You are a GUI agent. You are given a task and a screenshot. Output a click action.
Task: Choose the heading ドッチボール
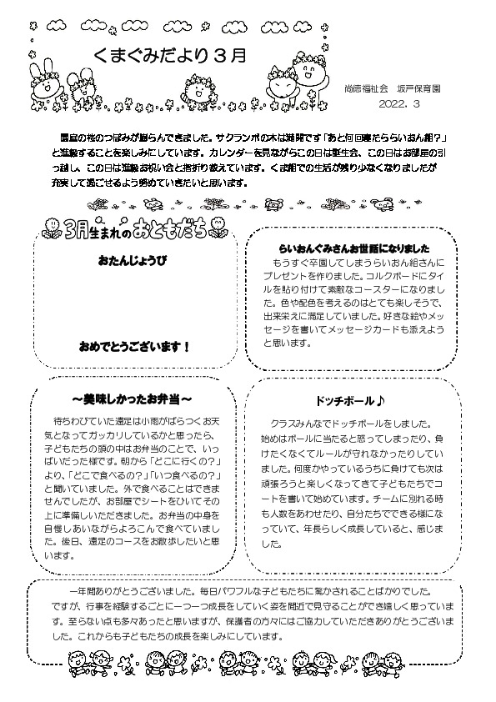(344, 398)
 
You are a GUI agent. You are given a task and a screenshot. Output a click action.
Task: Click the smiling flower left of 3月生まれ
(52, 227)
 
